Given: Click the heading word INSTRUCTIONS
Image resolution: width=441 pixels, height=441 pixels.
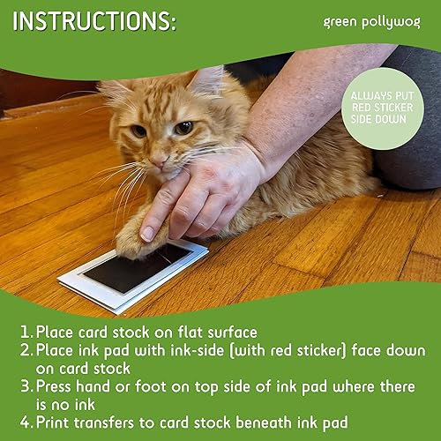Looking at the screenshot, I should (x=93, y=21).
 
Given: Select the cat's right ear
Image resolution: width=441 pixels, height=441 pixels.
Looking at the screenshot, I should (x=114, y=91).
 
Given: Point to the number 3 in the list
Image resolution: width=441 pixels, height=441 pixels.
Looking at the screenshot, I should (x=26, y=388).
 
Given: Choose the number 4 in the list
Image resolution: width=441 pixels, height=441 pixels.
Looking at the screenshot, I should (x=26, y=422).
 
